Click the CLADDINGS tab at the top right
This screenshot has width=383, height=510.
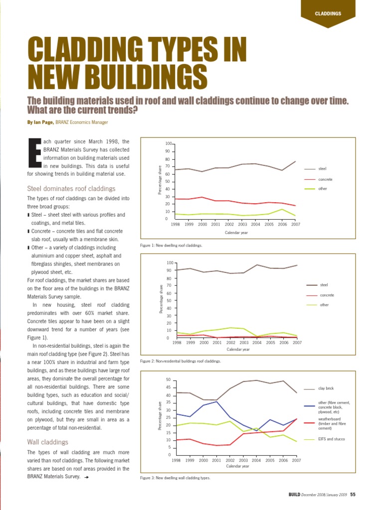pos(328,13)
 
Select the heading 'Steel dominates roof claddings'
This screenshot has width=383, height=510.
pos(71,189)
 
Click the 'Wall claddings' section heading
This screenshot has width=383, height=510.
pos(48,442)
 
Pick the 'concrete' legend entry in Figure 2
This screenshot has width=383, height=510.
pos(327,295)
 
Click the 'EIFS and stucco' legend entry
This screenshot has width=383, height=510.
pos(332,439)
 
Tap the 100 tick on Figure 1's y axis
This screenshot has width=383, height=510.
pos(169,143)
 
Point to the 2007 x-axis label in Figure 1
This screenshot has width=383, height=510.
pos(296,225)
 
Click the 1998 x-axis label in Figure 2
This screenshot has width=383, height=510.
pos(177,343)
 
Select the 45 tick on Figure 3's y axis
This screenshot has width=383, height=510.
pos(168,387)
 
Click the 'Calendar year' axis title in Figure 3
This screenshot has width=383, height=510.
pos(236,467)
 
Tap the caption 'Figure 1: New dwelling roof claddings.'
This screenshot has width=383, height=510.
pos(172,246)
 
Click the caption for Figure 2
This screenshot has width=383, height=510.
pos(180,361)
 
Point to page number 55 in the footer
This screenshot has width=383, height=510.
pos(353,495)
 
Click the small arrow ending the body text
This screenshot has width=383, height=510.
pos(87,477)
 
